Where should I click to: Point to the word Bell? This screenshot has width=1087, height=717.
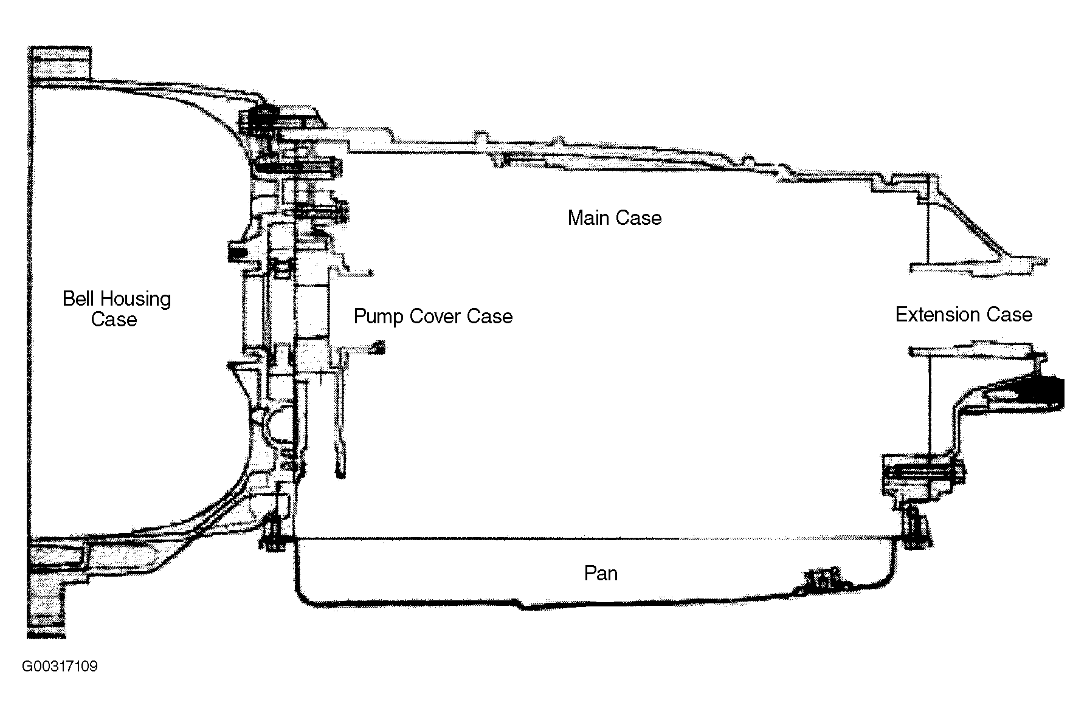(x=78, y=298)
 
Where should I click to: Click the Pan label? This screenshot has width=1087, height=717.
(x=601, y=573)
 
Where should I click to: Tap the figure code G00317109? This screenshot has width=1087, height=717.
(x=60, y=667)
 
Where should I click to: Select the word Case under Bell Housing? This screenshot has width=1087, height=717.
(x=114, y=320)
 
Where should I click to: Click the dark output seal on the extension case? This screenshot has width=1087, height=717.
(x=1049, y=392)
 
